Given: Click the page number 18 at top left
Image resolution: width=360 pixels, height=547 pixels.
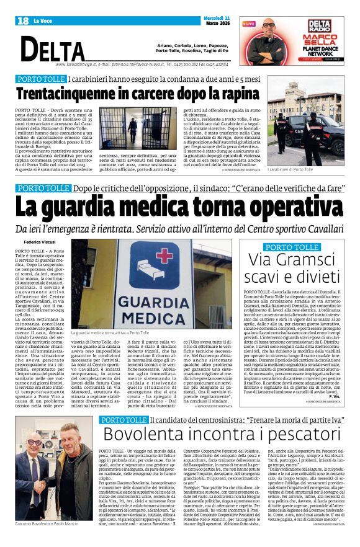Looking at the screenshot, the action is [23, 21].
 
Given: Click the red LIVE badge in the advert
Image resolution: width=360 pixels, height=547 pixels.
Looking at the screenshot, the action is [249, 24].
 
